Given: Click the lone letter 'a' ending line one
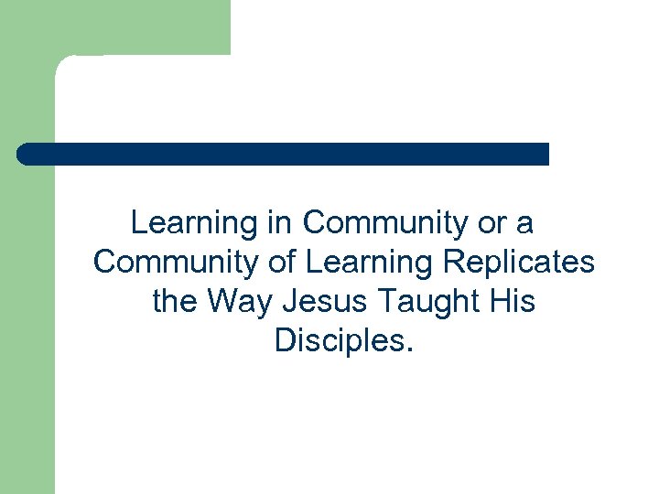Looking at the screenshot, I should click(525, 223).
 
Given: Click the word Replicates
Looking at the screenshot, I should click(519, 263).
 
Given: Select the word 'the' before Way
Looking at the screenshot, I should click(175, 302).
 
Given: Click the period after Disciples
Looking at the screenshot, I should click(410, 349).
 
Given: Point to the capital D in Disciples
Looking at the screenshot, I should click(284, 341).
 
